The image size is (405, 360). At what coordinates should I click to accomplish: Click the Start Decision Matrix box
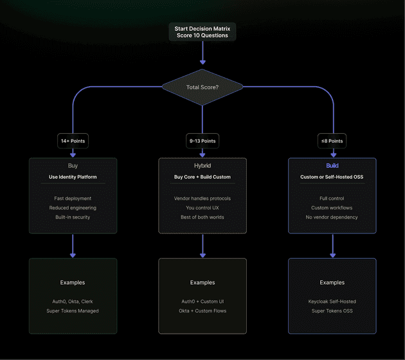click(x=203, y=32)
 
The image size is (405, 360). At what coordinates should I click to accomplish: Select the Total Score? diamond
click(x=203, y=86)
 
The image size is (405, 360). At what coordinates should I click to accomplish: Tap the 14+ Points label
click(x=73, y=141)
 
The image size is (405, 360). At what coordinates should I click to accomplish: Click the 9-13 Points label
click(x=203, y=141)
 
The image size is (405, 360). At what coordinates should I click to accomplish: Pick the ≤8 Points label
click(x=332, y=141)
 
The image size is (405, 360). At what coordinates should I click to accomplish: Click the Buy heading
click(x=73, y=165)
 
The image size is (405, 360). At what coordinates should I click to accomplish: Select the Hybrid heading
click(x=203, y=165)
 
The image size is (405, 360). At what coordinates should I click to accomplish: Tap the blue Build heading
click(x=332, y=165)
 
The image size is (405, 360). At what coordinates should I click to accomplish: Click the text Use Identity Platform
click(x=73, y=177)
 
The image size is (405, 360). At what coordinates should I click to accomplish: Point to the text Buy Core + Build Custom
click(x=203, y=177)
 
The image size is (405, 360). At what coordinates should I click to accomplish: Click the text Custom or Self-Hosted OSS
click(x=332, y=177)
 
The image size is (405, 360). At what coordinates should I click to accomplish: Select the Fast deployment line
click(x=73, y=199)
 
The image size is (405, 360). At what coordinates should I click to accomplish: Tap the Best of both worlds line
click(x=203, y=217)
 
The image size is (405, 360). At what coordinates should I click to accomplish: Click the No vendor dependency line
click(x=332, y=217)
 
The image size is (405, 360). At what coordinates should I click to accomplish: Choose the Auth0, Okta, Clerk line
click(x=73, y=301)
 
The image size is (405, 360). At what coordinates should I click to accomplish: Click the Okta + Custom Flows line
click(x=203, y=310)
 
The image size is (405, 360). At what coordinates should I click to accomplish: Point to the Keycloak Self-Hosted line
click(x=332, y=301)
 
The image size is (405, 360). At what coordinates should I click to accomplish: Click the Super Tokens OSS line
click(x=332, y=310)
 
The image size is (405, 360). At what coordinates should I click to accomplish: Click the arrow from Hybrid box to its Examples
click(x=203, y=246)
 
